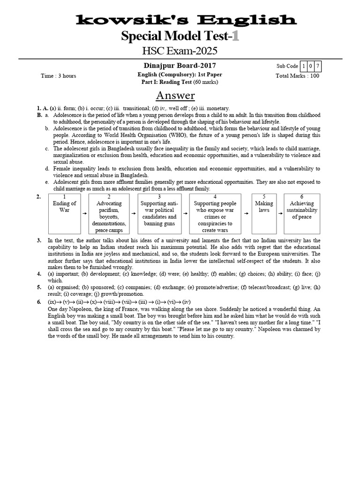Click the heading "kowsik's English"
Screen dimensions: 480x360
tap(186, 20)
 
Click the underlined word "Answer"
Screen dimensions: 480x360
tap(175, 96)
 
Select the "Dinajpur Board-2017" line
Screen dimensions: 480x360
tap(180, 66)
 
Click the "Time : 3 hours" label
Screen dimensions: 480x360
tap(58, 76)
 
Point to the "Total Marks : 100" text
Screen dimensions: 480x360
tap(297, 75)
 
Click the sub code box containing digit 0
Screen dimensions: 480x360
tap(311, 66)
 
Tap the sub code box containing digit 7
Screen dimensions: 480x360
tap(318, 66)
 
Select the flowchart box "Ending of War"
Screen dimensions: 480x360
tap(65, 213)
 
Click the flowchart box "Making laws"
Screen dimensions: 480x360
tap(264, 213)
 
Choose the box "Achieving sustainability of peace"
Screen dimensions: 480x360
tap(301, 213)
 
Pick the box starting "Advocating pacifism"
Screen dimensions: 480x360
tap(109, 213)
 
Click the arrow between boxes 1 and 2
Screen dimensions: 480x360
tap(84, 213)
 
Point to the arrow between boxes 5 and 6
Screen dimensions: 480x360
tap(279, 213)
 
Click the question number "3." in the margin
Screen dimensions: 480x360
tap(39, 240)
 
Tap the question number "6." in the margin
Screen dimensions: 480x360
tap(39, 302)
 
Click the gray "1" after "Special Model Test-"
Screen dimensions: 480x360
tap(235, 36)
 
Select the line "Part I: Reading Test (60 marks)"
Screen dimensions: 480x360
tap(180, 82)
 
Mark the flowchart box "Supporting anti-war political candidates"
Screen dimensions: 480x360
tap(159, 213)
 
